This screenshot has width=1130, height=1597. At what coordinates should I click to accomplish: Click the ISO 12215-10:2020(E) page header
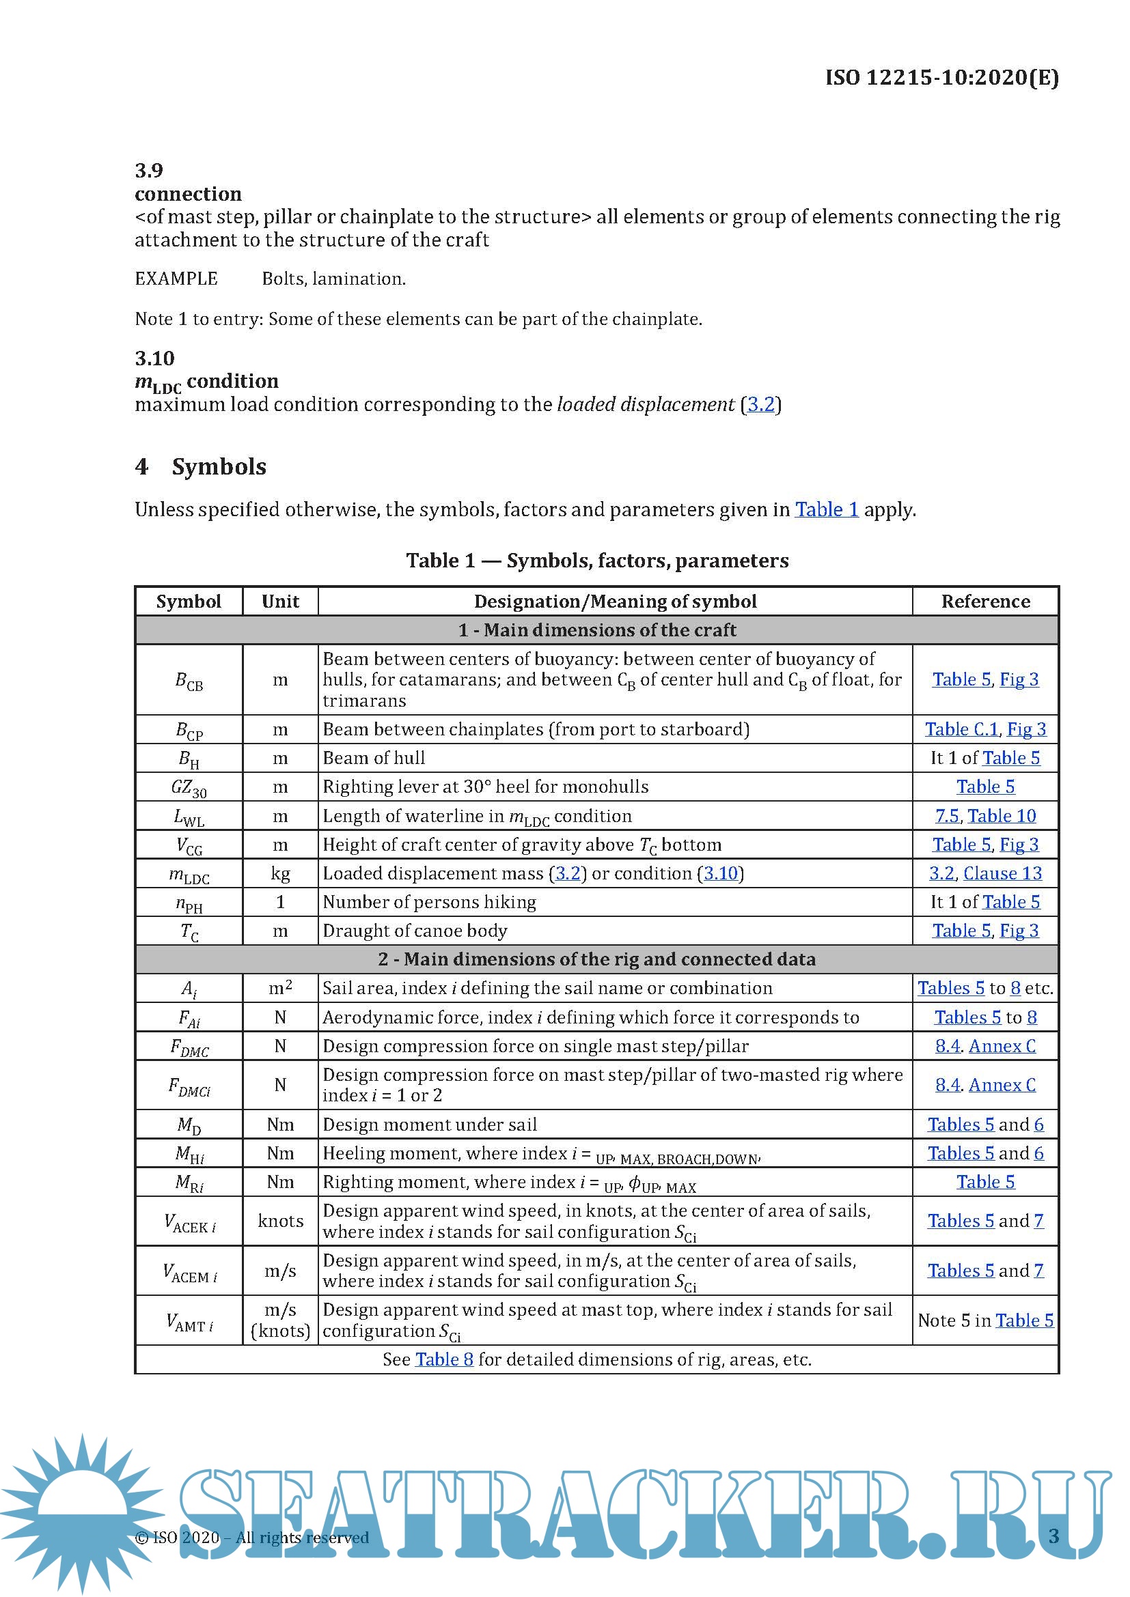[x=941, y=77]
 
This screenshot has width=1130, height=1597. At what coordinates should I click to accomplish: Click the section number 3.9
[x=149, y=171]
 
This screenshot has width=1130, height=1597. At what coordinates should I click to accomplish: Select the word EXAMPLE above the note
[x=176, y=279]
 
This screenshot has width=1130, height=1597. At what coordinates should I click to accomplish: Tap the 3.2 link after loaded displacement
[x=760, y=404]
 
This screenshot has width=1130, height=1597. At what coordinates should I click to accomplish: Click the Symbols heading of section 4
[x=219, y=466]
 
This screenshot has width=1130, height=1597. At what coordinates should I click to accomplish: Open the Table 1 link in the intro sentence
[x=827, y=510]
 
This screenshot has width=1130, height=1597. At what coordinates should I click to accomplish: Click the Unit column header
[x=280, y=602]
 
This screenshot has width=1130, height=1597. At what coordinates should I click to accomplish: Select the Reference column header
[x=985, y=602]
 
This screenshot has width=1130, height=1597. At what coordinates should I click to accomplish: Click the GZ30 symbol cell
[x=189, y=787]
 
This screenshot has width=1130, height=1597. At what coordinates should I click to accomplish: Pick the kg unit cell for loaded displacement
[x=280, y=874]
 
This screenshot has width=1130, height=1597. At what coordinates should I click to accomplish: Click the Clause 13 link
[x=1002, y=874]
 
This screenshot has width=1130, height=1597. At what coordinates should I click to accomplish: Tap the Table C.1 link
[x=962, y=729]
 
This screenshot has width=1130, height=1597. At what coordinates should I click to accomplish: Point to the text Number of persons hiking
[x=429, y=902]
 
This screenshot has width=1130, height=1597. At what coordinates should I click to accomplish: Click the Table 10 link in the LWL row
[x=1002, y=816]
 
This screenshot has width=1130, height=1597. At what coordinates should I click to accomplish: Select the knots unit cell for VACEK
[x=280, y=1221]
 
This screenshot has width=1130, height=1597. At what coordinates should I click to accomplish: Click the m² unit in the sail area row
[x=280, y=989]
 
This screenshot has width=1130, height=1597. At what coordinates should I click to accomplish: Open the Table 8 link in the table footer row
[x=444, y=1360]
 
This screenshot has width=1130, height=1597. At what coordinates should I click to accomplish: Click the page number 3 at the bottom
[x=1053, y=1536]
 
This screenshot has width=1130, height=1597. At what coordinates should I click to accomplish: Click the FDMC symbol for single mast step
[x=189, y=1047]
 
